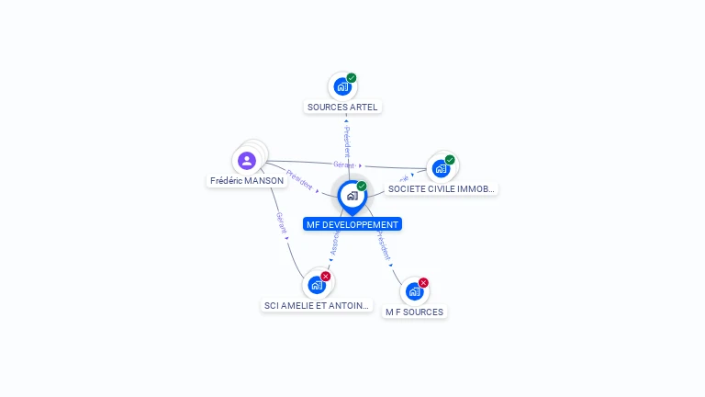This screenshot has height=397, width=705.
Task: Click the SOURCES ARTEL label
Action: (x=342, y=107)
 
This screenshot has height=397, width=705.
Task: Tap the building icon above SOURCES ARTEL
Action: (x=341, y=87)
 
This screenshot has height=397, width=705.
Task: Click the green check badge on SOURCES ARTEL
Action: (x=352, y=78)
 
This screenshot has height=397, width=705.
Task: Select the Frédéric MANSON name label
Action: (x=247, y=181)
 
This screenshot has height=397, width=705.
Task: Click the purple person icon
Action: (x=246, y=161)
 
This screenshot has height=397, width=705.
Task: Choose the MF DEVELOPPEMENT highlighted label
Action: (x=352, y=224)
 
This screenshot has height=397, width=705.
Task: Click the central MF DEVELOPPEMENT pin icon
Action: (x=352, y=196)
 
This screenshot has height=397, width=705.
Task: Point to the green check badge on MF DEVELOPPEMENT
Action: (x=362, y=187)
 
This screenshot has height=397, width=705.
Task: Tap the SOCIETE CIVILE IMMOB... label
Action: (x=442, y=188)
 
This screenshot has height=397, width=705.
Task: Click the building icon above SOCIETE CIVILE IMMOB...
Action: (x=440, y=169)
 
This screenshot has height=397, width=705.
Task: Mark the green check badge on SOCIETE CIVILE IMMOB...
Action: (x=450, y=160)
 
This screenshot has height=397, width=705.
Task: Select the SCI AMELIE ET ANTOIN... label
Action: (x=317, y=305)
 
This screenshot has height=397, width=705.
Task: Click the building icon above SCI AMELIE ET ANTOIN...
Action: (x=317, y=285)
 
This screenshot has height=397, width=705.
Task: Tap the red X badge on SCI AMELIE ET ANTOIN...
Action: (x=326, y=277)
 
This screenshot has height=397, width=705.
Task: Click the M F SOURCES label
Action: (x=414, y=312)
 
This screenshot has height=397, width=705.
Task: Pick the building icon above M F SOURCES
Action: (x=414, y=291)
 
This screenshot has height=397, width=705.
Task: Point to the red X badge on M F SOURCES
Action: (x=423, y=283)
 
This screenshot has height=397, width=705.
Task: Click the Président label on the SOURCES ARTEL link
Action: (x=347, y=142)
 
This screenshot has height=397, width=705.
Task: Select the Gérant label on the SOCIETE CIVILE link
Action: (x=343, y=164)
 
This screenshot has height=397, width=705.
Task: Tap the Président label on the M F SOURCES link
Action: (x=383, y=244)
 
